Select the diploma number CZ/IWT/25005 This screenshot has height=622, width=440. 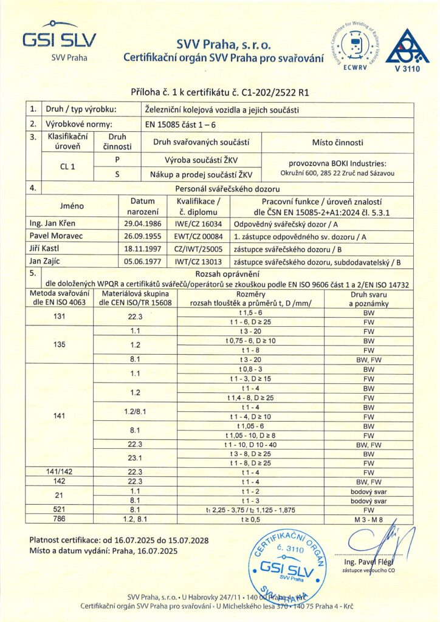pyautogui.click(x=193, y=248)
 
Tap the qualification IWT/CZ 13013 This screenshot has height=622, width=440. pyautogui.click(x=193, y=261)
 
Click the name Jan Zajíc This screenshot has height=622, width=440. pyautogui.click(x=46, y=261)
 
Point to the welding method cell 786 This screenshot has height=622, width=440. pyautogui.click(x=60, y=520)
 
